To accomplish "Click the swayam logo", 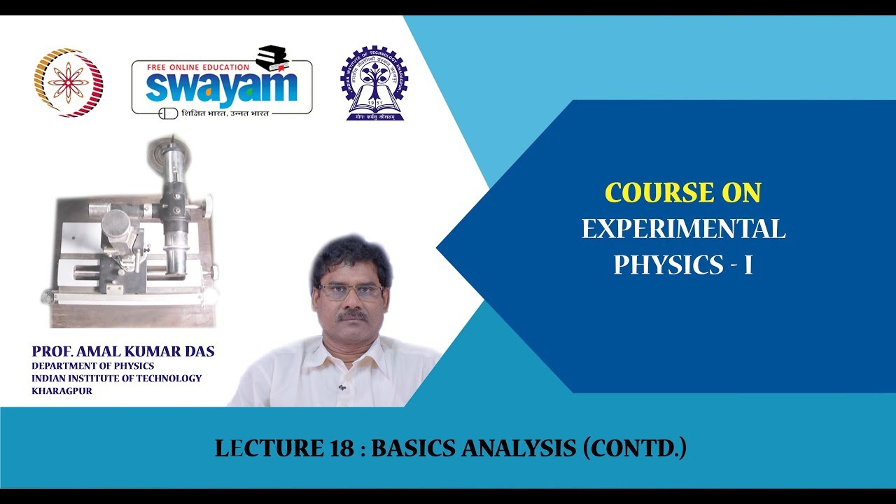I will pyautogui.click(x=222, y=87).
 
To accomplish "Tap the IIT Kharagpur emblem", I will pyautogui.click(x=374, y=83).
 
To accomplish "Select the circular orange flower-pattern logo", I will pyautogui.click(x=69, y=83).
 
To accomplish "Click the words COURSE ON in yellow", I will pyautogui.click(x=682, y=192).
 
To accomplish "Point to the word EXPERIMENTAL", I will pyautogui.click(x=683, y=229).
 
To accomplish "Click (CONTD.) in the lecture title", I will pyautogui.click(x=635, y=449).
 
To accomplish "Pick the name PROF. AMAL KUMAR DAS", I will pyautogui.click(x=123, y=351).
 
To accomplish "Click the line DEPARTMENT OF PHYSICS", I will pyautogui.click(x=93, y=365).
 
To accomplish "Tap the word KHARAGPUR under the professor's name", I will pyautogui.click(x=62, y=391).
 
